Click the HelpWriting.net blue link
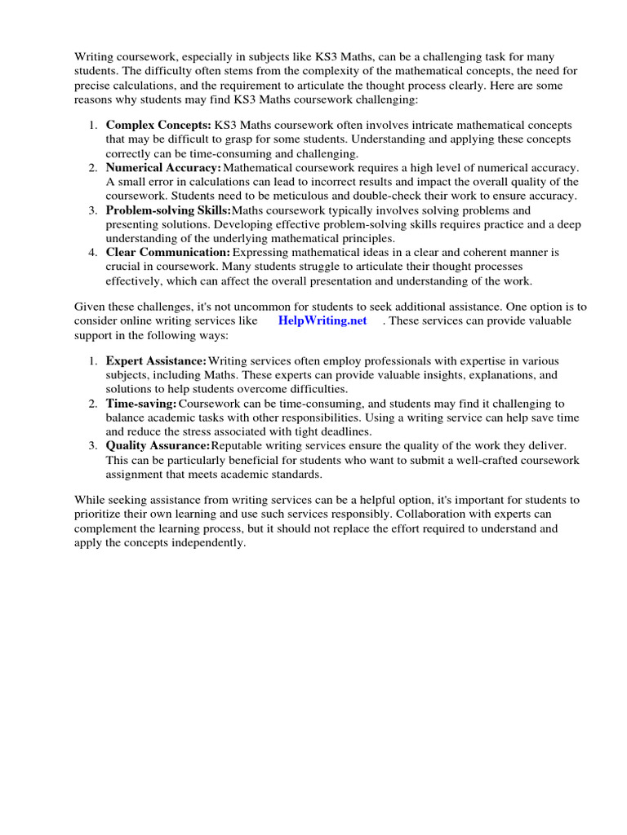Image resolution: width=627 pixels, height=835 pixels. pyautogui.click(x=322, y=320)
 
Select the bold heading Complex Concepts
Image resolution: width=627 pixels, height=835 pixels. pyautogui.click(x=158, y=126)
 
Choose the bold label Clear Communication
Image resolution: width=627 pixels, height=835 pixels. pyautogui.click(x=167, y=253)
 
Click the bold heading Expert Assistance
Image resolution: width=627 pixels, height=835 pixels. pyautogui.click(x=156, y=361)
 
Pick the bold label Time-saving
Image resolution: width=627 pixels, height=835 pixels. pyautogui.click(x=141, y=404)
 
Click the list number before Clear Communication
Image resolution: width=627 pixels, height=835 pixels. pyautogui.click(x=93, y=253)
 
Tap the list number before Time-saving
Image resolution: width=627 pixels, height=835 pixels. pyautogui.click(x=93, y=404)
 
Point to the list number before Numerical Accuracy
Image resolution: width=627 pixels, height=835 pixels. pyautogui.click(x=93, y=167)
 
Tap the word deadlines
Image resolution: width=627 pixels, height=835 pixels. pyautogui.click(x=342, y=431)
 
